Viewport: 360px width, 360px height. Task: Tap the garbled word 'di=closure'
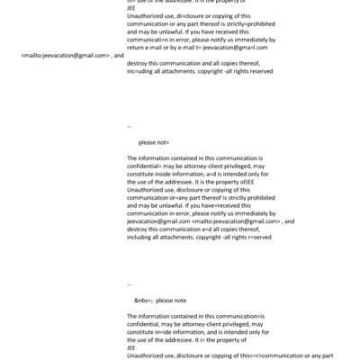click(x=178, y=18)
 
